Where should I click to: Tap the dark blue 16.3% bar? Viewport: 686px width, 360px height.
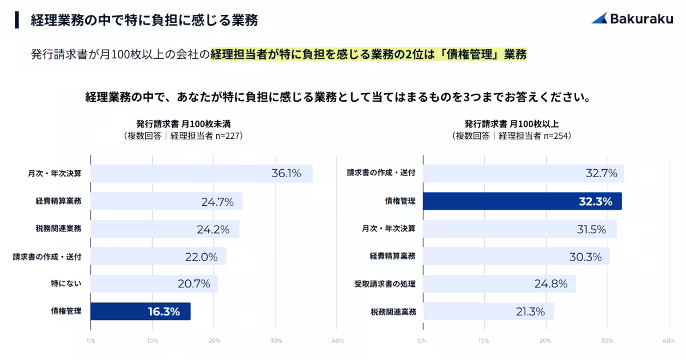[141, 311]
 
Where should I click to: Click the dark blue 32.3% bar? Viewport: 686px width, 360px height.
[522, 201]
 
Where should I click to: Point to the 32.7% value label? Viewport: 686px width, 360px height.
[601, 174]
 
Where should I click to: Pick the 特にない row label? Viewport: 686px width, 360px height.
[66, 284]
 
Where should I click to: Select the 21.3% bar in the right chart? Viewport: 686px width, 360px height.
[488, 311]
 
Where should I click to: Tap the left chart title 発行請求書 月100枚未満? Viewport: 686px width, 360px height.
[184, 123]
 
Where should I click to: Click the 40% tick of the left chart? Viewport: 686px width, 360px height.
[337, 341]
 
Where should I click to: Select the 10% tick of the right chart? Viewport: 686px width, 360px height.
[484, 341]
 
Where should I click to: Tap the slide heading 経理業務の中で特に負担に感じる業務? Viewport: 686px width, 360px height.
[144, 21]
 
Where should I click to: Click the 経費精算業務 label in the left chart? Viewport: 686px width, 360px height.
[58, 201]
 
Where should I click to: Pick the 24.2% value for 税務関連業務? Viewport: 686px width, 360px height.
[213, 229]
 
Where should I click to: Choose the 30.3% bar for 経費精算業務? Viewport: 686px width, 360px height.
[516, 257]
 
